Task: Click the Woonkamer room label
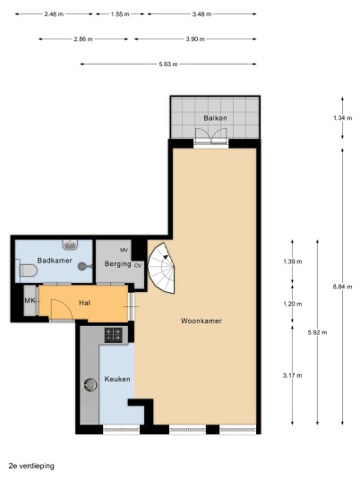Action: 201,321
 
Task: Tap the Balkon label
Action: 215,118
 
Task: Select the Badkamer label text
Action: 55,261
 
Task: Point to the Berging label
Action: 118,264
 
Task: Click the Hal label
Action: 84,303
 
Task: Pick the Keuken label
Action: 117,379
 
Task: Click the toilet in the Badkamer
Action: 27,270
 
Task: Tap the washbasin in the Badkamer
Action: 70,244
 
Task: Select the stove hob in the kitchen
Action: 114,335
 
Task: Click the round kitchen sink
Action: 90,385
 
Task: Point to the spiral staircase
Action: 161,268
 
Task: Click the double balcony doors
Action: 211,136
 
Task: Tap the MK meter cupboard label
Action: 30,301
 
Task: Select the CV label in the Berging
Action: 138,265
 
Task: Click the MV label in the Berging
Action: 124,250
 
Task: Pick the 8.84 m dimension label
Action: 343,287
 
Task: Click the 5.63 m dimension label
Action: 168,64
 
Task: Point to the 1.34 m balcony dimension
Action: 343,118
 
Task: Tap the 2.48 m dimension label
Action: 54,14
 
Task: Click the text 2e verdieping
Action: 31,467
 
